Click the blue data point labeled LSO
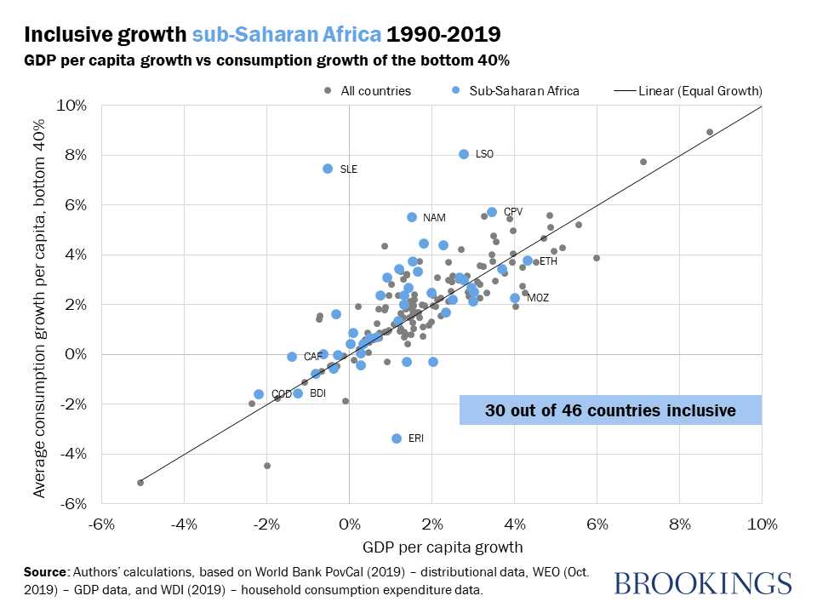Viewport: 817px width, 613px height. tap(464, 154)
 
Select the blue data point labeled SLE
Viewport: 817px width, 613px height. tap(328, 169)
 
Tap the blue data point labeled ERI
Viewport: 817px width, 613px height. tap(397, 438)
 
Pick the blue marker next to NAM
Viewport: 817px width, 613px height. tap(412, 217)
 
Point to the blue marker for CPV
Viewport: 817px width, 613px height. tap(492, 212)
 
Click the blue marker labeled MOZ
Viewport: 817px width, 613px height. tap(515, 298)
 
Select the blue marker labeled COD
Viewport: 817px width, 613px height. tap(259, 394)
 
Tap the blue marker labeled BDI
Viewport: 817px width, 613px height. tap(298, 393)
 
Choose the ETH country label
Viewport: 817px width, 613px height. tap(548, 261)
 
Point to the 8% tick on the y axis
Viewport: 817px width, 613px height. tap(76, 155)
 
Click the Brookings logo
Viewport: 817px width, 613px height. tap(702, 583)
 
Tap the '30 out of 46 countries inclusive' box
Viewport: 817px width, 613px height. tap(610, 410)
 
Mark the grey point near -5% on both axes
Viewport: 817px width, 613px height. tap(140, 483)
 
